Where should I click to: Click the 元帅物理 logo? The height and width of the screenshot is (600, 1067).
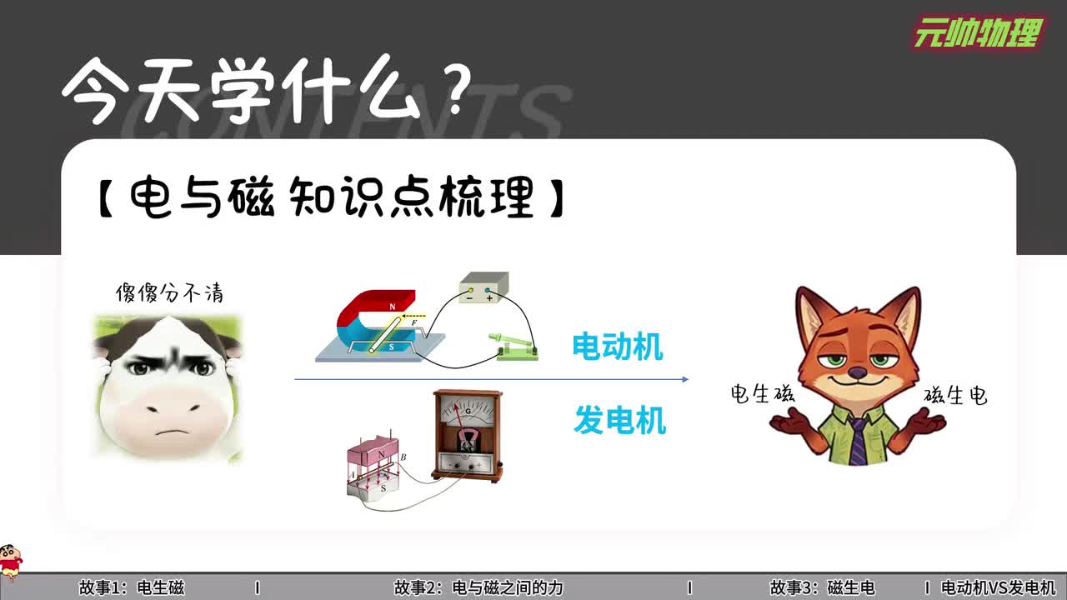click(x=978, y=33)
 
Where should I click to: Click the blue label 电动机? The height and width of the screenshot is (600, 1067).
click(x=618, y=347)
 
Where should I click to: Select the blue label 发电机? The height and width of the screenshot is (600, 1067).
click(x=619, y=421)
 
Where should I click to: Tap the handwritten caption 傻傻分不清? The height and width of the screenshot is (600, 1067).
click(x=169, y=293)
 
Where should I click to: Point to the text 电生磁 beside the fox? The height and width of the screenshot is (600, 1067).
click(x=762, y=393)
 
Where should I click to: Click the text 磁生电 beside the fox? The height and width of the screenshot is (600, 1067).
click(x=955, y=395)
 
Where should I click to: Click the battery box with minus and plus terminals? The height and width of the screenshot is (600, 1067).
click(x=483, y=289)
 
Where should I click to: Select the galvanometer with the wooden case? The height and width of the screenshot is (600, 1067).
click(x=467, y=435)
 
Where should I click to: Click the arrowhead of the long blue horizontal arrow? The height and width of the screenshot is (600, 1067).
click(x=684, y=379)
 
